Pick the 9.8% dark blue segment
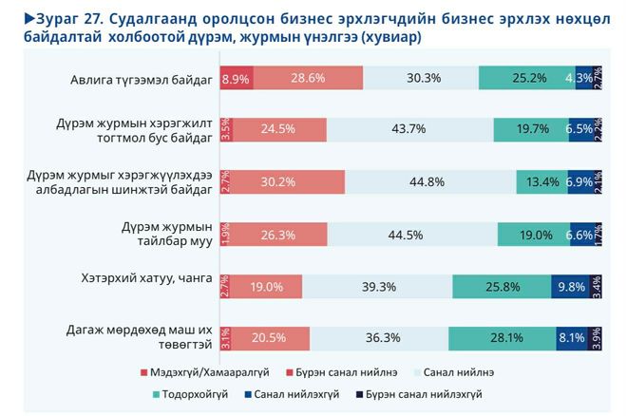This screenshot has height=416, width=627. pyautogui.click(x=570, y=287)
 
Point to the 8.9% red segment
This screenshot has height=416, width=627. pyautogui.click(x=235, y=79)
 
